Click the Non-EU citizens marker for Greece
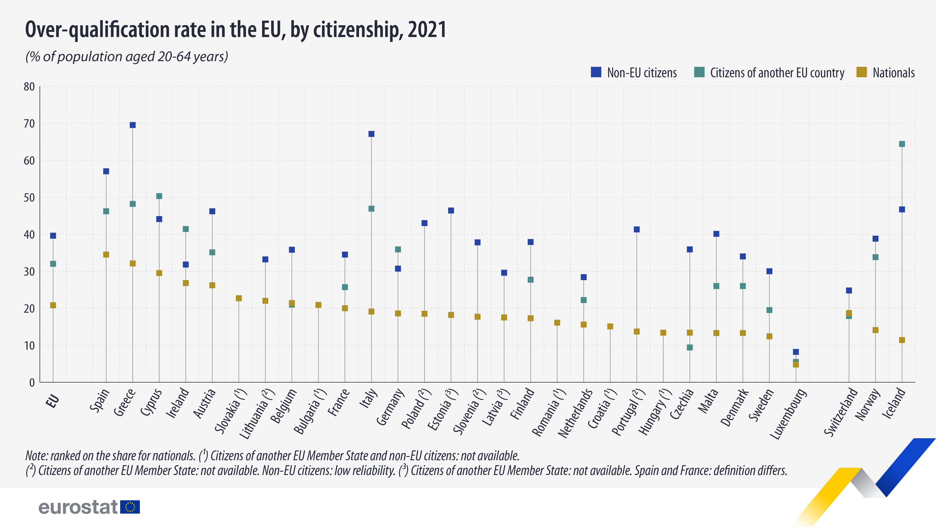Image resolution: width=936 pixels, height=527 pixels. click(x=133, y=125)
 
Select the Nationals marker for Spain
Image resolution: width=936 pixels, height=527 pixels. click(x=106, y=255)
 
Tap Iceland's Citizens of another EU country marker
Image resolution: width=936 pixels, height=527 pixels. click(x=902, y=144)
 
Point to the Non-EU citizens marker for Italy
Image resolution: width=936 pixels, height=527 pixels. click(x=371, y=134)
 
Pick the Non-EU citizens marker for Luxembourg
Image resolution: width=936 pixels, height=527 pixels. click(x=796, y=352)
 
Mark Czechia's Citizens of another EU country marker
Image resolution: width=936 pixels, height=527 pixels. click(x=690, y=347)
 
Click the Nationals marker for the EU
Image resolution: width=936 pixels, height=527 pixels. click(x=53, y=305)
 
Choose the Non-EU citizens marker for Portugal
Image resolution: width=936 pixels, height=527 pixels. click(x=636, y=230)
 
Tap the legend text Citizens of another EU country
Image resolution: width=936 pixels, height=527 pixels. click(x=777, y=73)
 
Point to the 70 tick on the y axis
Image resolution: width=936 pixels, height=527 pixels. click(x=29, y=124)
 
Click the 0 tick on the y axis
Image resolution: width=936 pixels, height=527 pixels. click(x=32, y=382)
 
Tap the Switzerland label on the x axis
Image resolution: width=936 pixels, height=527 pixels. click(x=841, y=412)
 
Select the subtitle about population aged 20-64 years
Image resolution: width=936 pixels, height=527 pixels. click(x=126, y=57)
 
